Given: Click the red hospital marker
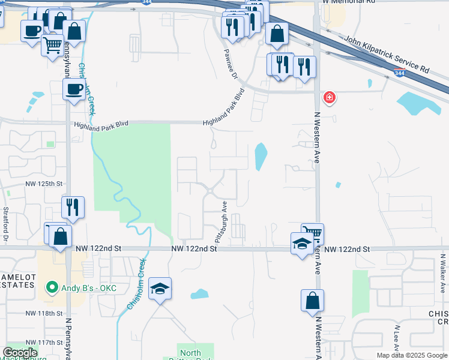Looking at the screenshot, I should pos(329,97).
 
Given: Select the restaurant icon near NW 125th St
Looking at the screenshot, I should pos(73,207).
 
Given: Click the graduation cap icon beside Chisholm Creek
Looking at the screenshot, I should pos(160,288).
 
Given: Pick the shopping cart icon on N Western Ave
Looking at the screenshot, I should pos(312,233).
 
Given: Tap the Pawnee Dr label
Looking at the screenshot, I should pos(232,67).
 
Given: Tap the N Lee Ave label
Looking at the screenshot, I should pos(397,338).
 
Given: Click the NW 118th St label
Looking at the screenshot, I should pos(45,313).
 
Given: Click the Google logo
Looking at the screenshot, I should pos(20,353).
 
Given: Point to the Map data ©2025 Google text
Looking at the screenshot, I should pos(411,355).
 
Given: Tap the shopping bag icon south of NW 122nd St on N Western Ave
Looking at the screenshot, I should pos(313,301).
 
